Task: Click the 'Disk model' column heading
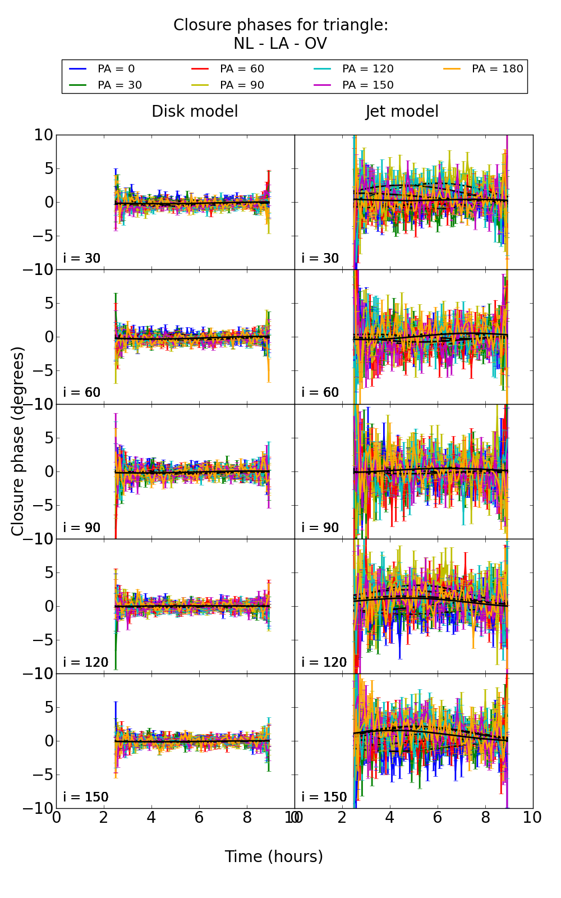[x=195, y=111]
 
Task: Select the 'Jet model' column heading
[x=402, y=111]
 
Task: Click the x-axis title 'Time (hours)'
[x=274, y=856]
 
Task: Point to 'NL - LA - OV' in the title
[x=280, y=44]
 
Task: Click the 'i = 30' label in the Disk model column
[x=82, y=258]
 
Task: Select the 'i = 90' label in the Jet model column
[x=320, y=528]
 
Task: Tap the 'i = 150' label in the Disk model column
[x=86, y=797]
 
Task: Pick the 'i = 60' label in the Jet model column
[x=320, y=392]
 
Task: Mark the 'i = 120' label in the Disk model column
[x=86, y=662]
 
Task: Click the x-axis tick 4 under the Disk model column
[x=151, y=817]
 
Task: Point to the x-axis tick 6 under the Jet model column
[x=438, y=817]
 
